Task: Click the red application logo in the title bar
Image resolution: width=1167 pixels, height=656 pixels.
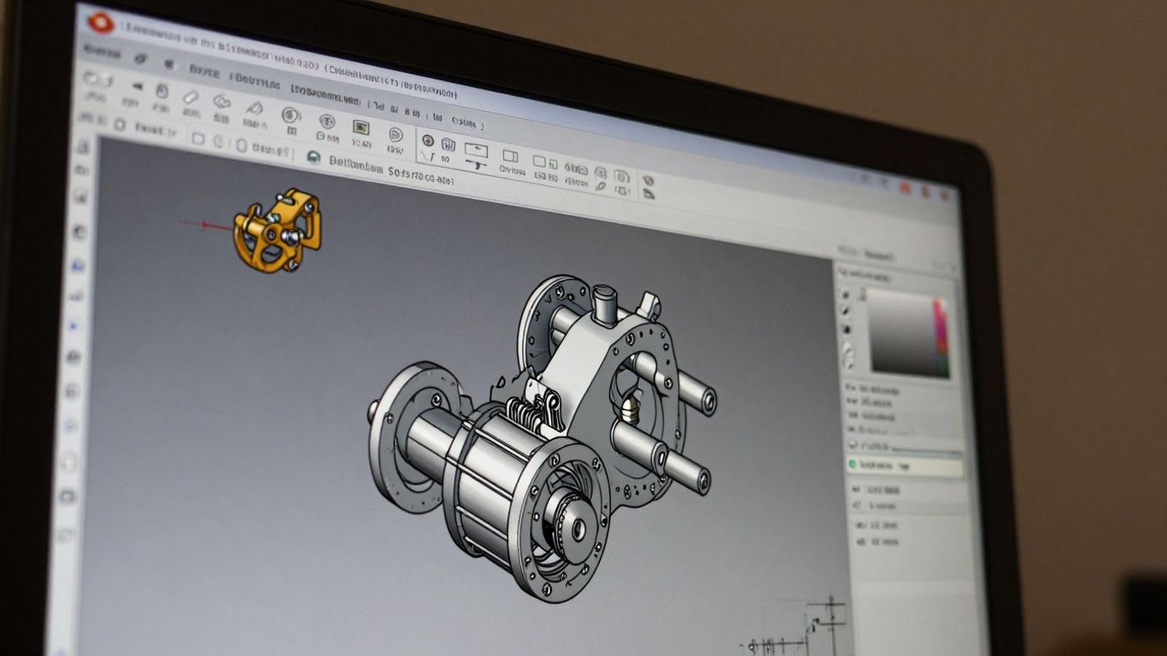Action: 100,21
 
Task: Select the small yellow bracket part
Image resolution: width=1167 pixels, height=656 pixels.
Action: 278,230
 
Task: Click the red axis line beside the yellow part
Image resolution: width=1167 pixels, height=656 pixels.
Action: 204,225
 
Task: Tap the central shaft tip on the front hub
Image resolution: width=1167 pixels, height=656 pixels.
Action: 578,530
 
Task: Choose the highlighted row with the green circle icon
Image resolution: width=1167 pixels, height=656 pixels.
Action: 906,466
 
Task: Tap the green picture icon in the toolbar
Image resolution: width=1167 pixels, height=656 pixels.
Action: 361,127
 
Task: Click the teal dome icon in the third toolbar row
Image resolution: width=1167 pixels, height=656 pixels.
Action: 313,157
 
